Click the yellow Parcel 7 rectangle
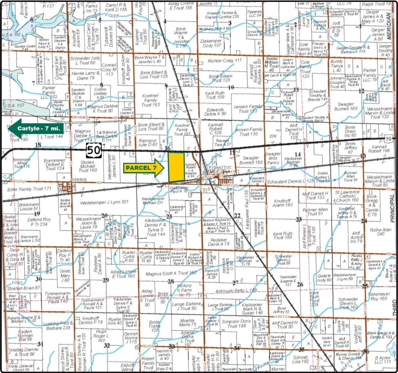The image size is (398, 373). (176, 167)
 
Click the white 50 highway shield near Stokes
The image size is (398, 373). (94, 150)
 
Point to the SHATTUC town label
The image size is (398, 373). (222, 167)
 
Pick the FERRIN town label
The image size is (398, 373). (79, 180)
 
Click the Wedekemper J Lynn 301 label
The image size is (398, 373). (104, 202)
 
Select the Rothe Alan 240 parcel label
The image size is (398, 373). (380, 232)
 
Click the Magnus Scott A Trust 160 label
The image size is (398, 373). (171, 273)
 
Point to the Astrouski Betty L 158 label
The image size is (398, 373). (236, 291)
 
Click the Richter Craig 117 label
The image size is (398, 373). (225, 61)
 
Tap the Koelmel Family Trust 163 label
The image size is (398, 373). (151, 100)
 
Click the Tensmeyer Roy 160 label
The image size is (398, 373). (379, 296)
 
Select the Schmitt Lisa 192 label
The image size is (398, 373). (301, 359)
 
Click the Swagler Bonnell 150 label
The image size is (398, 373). (251, 160)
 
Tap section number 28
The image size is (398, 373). (171, 281)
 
